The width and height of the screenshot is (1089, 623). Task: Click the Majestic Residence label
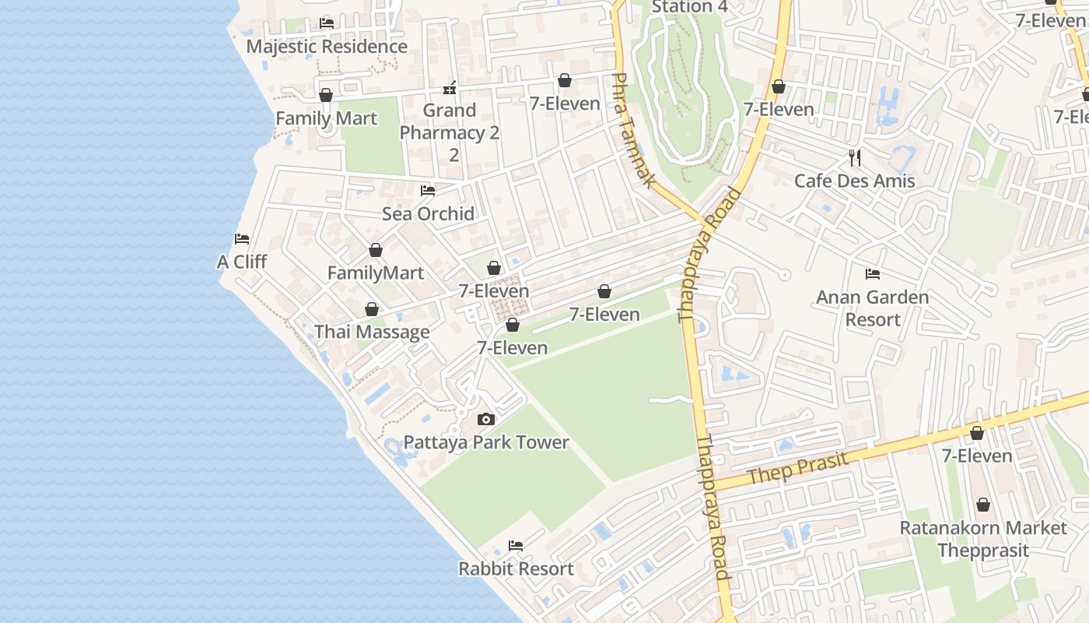pyautogui.click(x=327, y=47)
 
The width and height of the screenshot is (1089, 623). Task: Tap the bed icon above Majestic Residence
pyautogui.click(x=327, y=23)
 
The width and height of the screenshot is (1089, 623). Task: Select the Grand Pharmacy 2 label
pyautogui.click(x=450, y=132)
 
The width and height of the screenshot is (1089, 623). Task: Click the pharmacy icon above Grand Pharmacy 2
pyautogui.click(x=449, y=87)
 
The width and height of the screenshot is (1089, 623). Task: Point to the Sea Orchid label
pyautogui.click(x=428, y=214)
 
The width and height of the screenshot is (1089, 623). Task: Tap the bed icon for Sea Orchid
pyautogui.click(x=428, y=190)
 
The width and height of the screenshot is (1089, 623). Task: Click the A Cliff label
pyautogui.click(x=242, y=262)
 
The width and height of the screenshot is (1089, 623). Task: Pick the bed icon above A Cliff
pyautogui.click(x=242, y=238)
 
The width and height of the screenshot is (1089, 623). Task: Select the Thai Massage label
pyautogui.click(x=372, y=333)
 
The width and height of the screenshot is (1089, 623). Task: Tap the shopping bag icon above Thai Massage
pyautogui.click(x=372, y=309)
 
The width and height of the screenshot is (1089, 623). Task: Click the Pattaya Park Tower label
pyautogui.click(x=486, y=442)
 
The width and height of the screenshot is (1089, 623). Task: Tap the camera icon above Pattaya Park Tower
pyautogui.click(x=486, y=420)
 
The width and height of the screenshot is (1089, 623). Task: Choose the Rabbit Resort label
pyautogui.click(x=516, y=568)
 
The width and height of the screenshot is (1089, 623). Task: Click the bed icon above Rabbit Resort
pyautogui.click(x=516, y=545)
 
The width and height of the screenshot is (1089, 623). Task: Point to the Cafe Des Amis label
pyautogui.click(x=854, y=181)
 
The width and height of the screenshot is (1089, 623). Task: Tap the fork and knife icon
pyautogui.click(x=855, y=158)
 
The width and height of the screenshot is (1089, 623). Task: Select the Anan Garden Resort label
pyautogui.click(x=873, y=308)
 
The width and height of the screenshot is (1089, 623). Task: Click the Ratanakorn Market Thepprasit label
pyautogui.click(x=983, y=539)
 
